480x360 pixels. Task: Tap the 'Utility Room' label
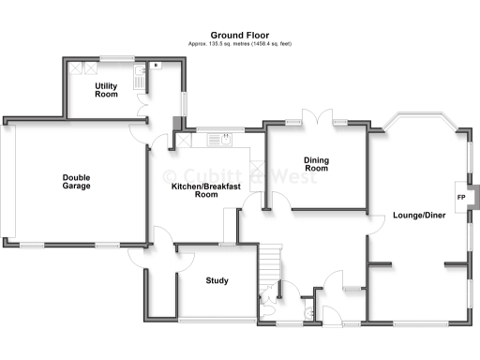click(106, 90)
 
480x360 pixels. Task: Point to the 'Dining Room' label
click(317, 164)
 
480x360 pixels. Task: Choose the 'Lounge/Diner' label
click(419, 215)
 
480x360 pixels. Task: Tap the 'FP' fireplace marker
click(460, 198)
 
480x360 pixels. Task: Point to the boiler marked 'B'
click(156, 65)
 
